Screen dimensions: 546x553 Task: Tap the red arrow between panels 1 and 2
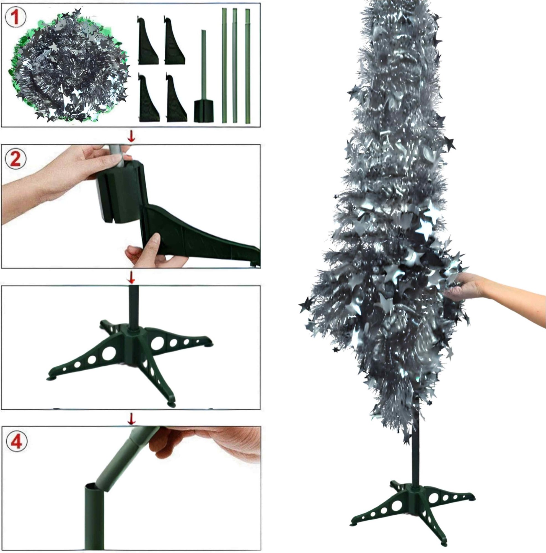131,136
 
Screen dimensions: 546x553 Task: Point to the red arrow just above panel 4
131,418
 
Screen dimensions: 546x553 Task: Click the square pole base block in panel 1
204,111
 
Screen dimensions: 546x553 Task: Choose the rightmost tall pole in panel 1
247,66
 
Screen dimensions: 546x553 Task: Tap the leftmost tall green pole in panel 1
224,66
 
